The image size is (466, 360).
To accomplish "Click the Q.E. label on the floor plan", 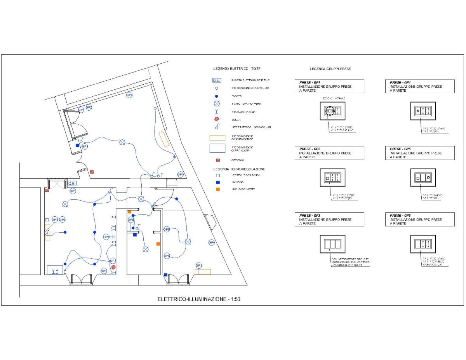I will point(72,183).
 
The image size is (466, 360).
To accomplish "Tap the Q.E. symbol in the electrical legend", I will point(217,80).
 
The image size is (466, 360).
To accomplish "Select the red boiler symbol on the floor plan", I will point(113,267).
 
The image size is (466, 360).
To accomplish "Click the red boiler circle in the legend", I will point(217,119).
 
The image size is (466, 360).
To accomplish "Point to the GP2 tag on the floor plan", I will point(89,107).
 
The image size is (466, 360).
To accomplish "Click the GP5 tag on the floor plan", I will point(63,220).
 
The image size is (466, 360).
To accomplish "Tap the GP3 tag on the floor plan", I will point(113,261).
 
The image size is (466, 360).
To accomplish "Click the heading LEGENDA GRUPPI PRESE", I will point(330,69).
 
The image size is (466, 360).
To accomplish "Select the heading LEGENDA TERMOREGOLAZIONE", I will point(239,169).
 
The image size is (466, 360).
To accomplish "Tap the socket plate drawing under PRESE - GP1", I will point(332,111).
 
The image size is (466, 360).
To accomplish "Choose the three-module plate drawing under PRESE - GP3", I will point(332,244).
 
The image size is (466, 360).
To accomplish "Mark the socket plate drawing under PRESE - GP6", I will point(423,244).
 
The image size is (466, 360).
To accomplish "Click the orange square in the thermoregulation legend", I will point(218,189).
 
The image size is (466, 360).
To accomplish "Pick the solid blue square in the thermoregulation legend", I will point(218,182).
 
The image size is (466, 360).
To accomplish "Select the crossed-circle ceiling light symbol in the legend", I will point(217,104).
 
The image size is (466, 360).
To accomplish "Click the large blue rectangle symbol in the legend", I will point(217,148).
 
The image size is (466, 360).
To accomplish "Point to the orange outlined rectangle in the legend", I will point(217,138).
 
